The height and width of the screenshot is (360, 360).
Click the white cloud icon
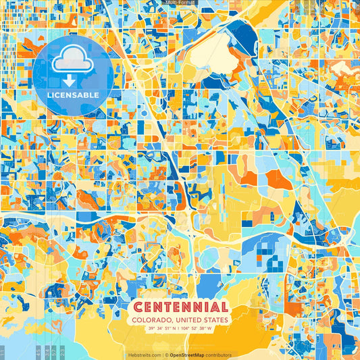66,61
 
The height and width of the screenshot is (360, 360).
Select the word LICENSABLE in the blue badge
66,94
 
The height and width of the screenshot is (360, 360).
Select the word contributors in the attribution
219,355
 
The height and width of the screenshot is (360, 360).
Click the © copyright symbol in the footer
166,355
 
